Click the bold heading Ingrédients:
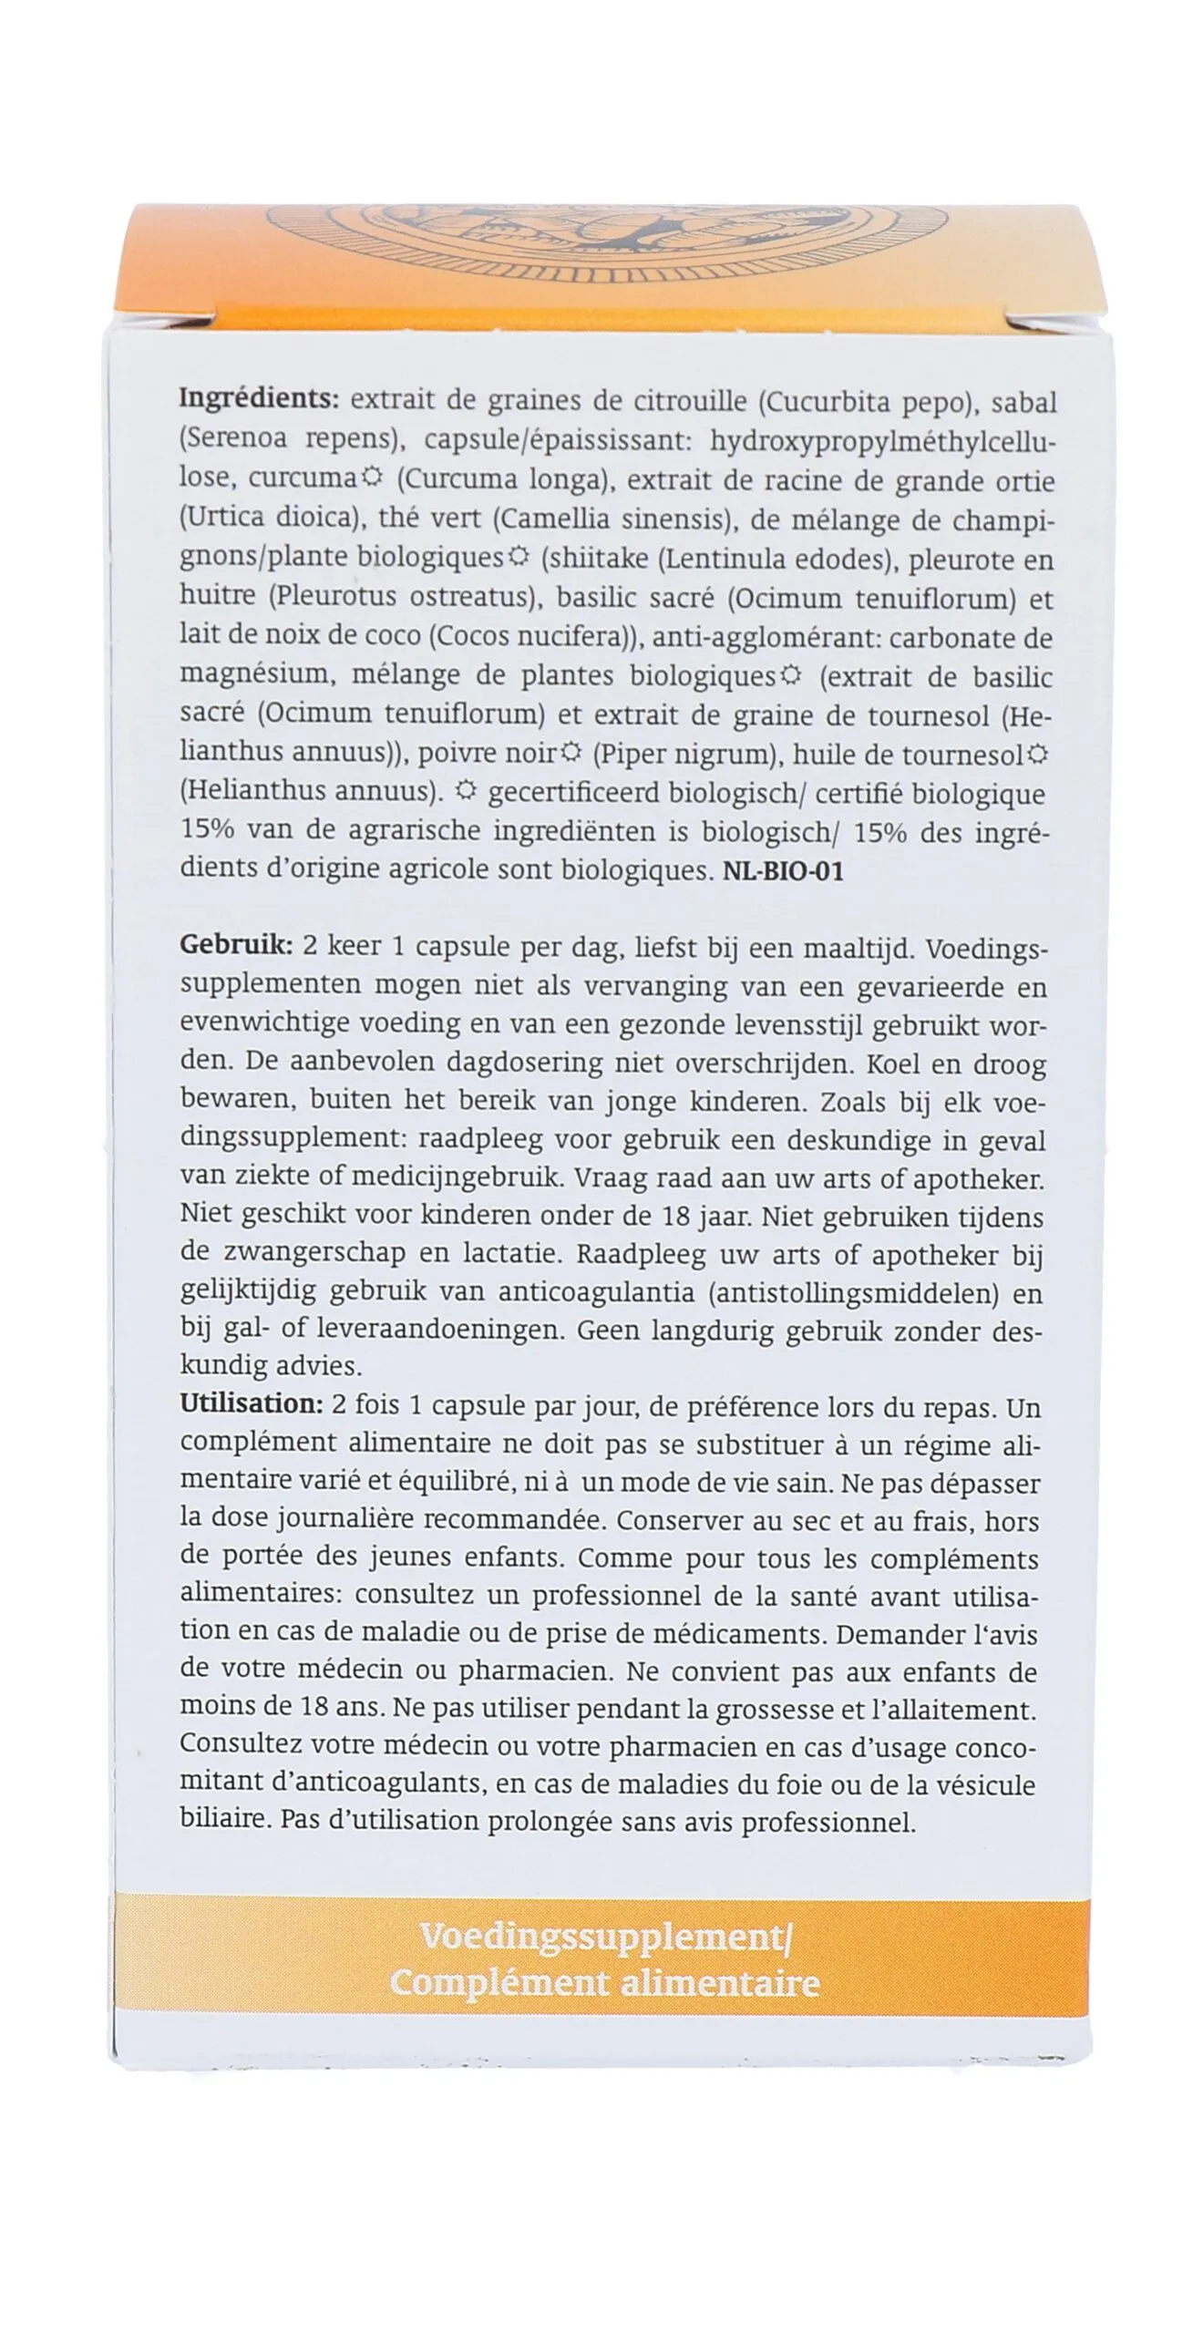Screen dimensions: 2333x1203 click(x=259, y=399)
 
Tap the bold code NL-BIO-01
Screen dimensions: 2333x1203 click(x=783, y=871)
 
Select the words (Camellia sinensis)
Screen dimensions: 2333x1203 click(x=614, y=519)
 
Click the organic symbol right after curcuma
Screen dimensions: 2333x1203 click(x=371, y=477)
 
